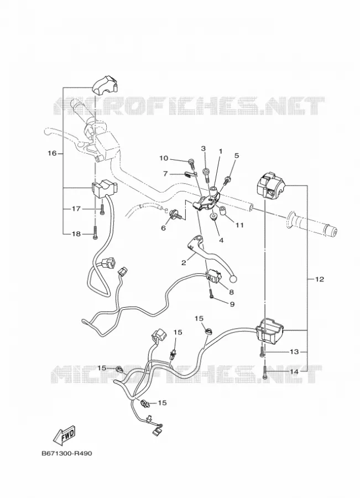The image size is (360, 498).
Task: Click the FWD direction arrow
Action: coord(65,434)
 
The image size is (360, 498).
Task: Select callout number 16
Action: coord(52,153)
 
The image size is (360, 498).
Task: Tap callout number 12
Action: coord(320,279)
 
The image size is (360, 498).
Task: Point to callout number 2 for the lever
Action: coord(184,263)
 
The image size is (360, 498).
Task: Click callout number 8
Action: coord(231,291)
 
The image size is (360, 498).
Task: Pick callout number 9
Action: coord(232,304)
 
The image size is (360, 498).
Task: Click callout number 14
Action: coord(294,371)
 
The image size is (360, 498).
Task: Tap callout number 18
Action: coord(76,234)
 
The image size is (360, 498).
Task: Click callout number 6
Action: coord(164,228)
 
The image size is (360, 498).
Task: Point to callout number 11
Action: coord(239,225)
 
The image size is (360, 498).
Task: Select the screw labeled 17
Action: coord(102,209)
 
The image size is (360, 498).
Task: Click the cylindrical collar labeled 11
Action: coord(223,211)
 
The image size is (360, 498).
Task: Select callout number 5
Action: coord(237,155)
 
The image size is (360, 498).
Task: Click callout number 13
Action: coord(294,352)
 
